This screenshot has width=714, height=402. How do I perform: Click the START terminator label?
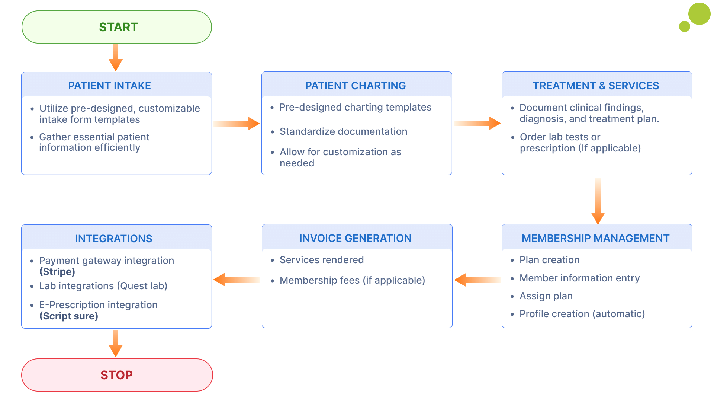118,27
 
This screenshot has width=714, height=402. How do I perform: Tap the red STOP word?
116,375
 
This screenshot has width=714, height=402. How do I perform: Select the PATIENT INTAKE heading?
109,86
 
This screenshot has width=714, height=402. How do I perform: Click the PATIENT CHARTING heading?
355,86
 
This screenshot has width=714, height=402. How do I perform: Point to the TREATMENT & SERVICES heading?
596,86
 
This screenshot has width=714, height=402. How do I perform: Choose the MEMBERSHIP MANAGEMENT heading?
595,238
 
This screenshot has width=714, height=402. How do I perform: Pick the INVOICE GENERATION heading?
355,238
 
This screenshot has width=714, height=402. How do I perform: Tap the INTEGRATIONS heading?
113,239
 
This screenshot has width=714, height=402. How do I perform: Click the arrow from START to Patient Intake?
116,58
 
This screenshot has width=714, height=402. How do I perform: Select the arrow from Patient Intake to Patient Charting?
237,124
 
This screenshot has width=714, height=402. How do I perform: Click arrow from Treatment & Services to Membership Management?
598,201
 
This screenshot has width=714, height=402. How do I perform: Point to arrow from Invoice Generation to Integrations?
237,280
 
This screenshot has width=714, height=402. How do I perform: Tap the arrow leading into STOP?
116,343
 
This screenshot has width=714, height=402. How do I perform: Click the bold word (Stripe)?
57,272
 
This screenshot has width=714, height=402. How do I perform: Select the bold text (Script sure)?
69,316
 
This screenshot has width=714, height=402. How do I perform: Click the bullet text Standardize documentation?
343,131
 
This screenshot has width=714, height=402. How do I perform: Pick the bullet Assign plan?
546,296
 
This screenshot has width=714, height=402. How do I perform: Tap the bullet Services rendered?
322,260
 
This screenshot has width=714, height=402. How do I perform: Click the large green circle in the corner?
699,14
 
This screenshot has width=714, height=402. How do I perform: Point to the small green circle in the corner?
684,26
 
